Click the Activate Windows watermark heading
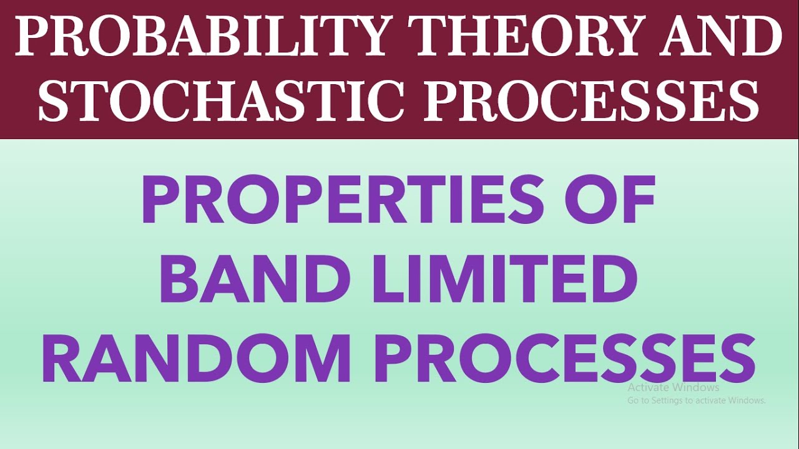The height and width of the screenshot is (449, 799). pos(674,387)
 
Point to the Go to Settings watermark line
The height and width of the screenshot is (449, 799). pos(697,400)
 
